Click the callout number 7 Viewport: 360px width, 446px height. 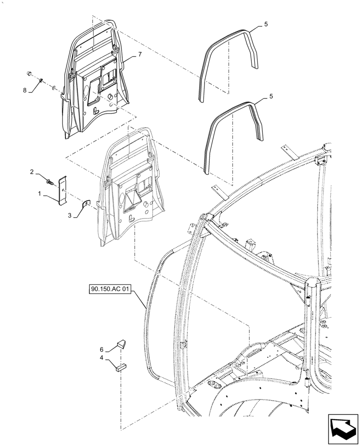tap(139, 54)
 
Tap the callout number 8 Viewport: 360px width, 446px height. tap(25, 90)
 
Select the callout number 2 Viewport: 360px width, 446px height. tap(32, 172)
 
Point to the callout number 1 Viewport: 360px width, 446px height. tap(40, 194)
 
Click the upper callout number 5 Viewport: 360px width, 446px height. tap(266, 25)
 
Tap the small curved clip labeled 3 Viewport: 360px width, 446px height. tap(86, 204)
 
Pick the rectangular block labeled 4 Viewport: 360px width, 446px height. tap(121, 368)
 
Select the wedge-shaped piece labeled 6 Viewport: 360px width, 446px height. tap(121, 344)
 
